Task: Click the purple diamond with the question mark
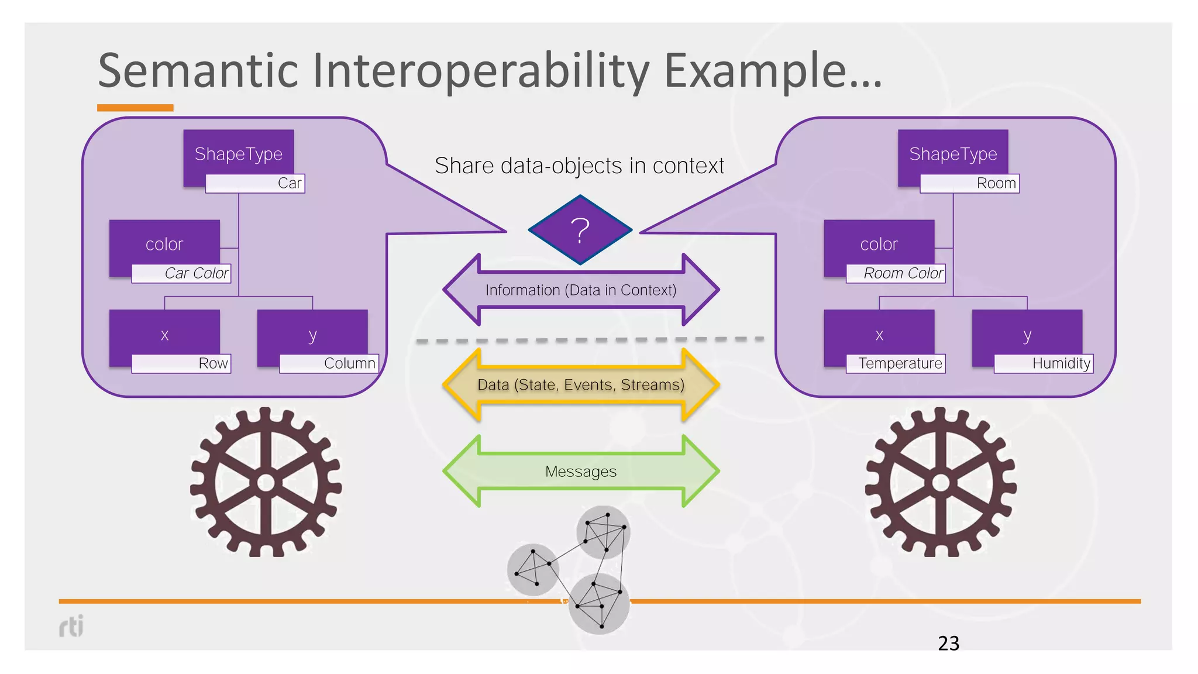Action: click(x=580, y=230)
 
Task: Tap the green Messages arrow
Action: click(x=581, y=471)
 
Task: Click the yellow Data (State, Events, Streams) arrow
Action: click(x=581, y=384)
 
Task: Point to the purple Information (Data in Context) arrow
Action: click(x=581, y=290)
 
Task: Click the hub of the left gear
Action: click(x=266, y=483)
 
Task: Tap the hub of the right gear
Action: click(x=941, y=483)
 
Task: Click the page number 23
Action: click(x=948, y=643)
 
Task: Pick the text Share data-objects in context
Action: click(x=579, y=166)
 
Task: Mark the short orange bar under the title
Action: click(x=135, y=108)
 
